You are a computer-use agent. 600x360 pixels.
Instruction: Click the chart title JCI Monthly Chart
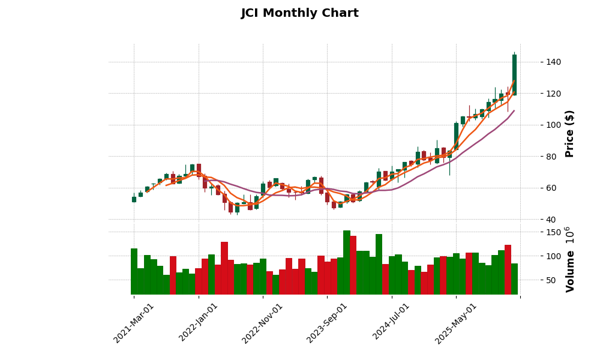pyautogui.click(x=299, y=13)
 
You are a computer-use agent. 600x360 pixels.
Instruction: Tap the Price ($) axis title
pyautogui.click(x=569, y=133)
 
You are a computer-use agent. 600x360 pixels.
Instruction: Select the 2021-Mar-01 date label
pyautogui.click(x=134, y=323)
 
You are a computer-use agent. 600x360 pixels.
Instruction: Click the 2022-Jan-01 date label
pyautogui.click(x=199, y=323)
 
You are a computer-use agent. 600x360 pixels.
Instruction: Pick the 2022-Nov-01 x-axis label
pyautogui.click(x=262, y=323)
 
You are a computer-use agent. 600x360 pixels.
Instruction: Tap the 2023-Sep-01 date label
pyautogui.click(x=327, y=323)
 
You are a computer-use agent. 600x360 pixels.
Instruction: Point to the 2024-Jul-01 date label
pyautogui.click(x=392, y=323)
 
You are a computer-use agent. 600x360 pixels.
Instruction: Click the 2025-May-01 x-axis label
pyautogui.click(x=456, y=323)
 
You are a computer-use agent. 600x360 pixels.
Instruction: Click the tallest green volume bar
pyautogui.click(x=347, y=262)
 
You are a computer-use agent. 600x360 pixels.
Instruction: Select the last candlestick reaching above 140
pyautogui.click(x=514, y=74)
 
